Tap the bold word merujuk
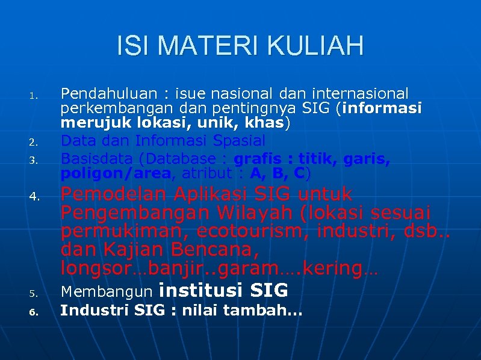coord(90,123)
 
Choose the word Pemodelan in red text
coord(117,194)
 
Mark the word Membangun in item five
coord(107,292)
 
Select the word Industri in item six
coord(95,311)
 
